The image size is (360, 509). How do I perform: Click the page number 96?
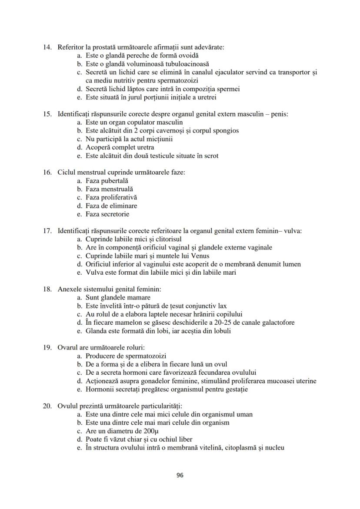(180, 475)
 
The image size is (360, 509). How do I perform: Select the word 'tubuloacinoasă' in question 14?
(188, 64)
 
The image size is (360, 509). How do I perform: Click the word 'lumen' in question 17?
(292, 264)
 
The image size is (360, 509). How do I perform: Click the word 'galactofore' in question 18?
(278, 323)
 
